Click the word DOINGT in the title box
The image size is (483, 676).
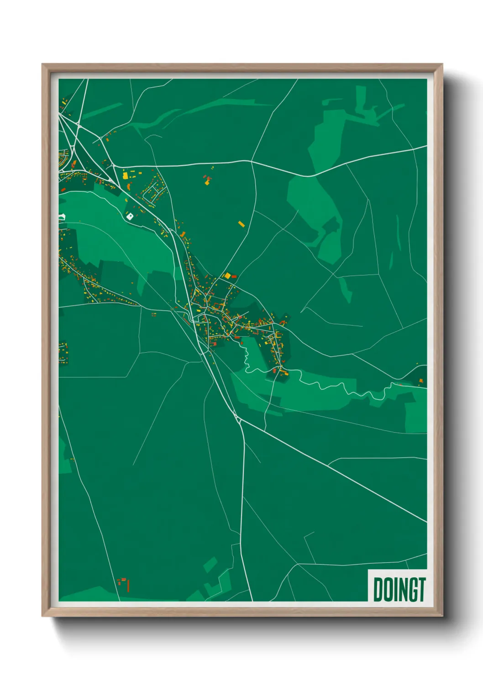tap(399, 590)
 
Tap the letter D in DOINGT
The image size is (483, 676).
tap(378, 590)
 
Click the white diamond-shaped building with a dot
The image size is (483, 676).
tap(130, 216)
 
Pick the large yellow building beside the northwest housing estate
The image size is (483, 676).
tap(125, 175)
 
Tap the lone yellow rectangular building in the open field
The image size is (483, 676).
tap(241, 224)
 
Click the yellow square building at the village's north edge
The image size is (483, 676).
tap(227, 276)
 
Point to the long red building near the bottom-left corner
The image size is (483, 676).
tap(128, 585)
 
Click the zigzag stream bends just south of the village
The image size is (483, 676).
tap(247, 359)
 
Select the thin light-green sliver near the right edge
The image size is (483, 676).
tap(398, 233)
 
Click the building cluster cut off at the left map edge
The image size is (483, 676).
tap(63, 353)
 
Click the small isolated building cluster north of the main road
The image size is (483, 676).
tap(208, 179)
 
